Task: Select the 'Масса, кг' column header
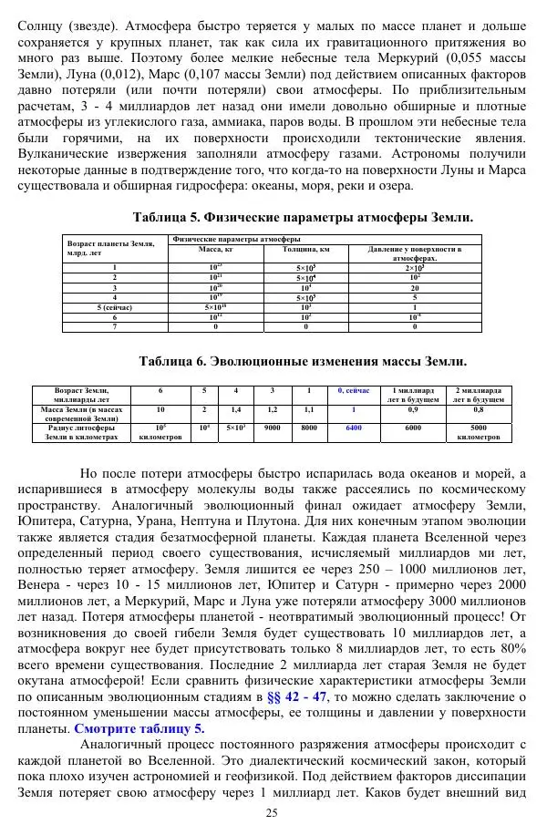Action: pyautogui.click(x=216, y=248)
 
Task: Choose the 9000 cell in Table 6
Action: pyautogui.click(x=272, y=427)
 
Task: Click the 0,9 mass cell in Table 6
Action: pyautogui.click(x=413, y=410)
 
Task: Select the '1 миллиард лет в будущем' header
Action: pyautogui.click(x=413, y=395)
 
